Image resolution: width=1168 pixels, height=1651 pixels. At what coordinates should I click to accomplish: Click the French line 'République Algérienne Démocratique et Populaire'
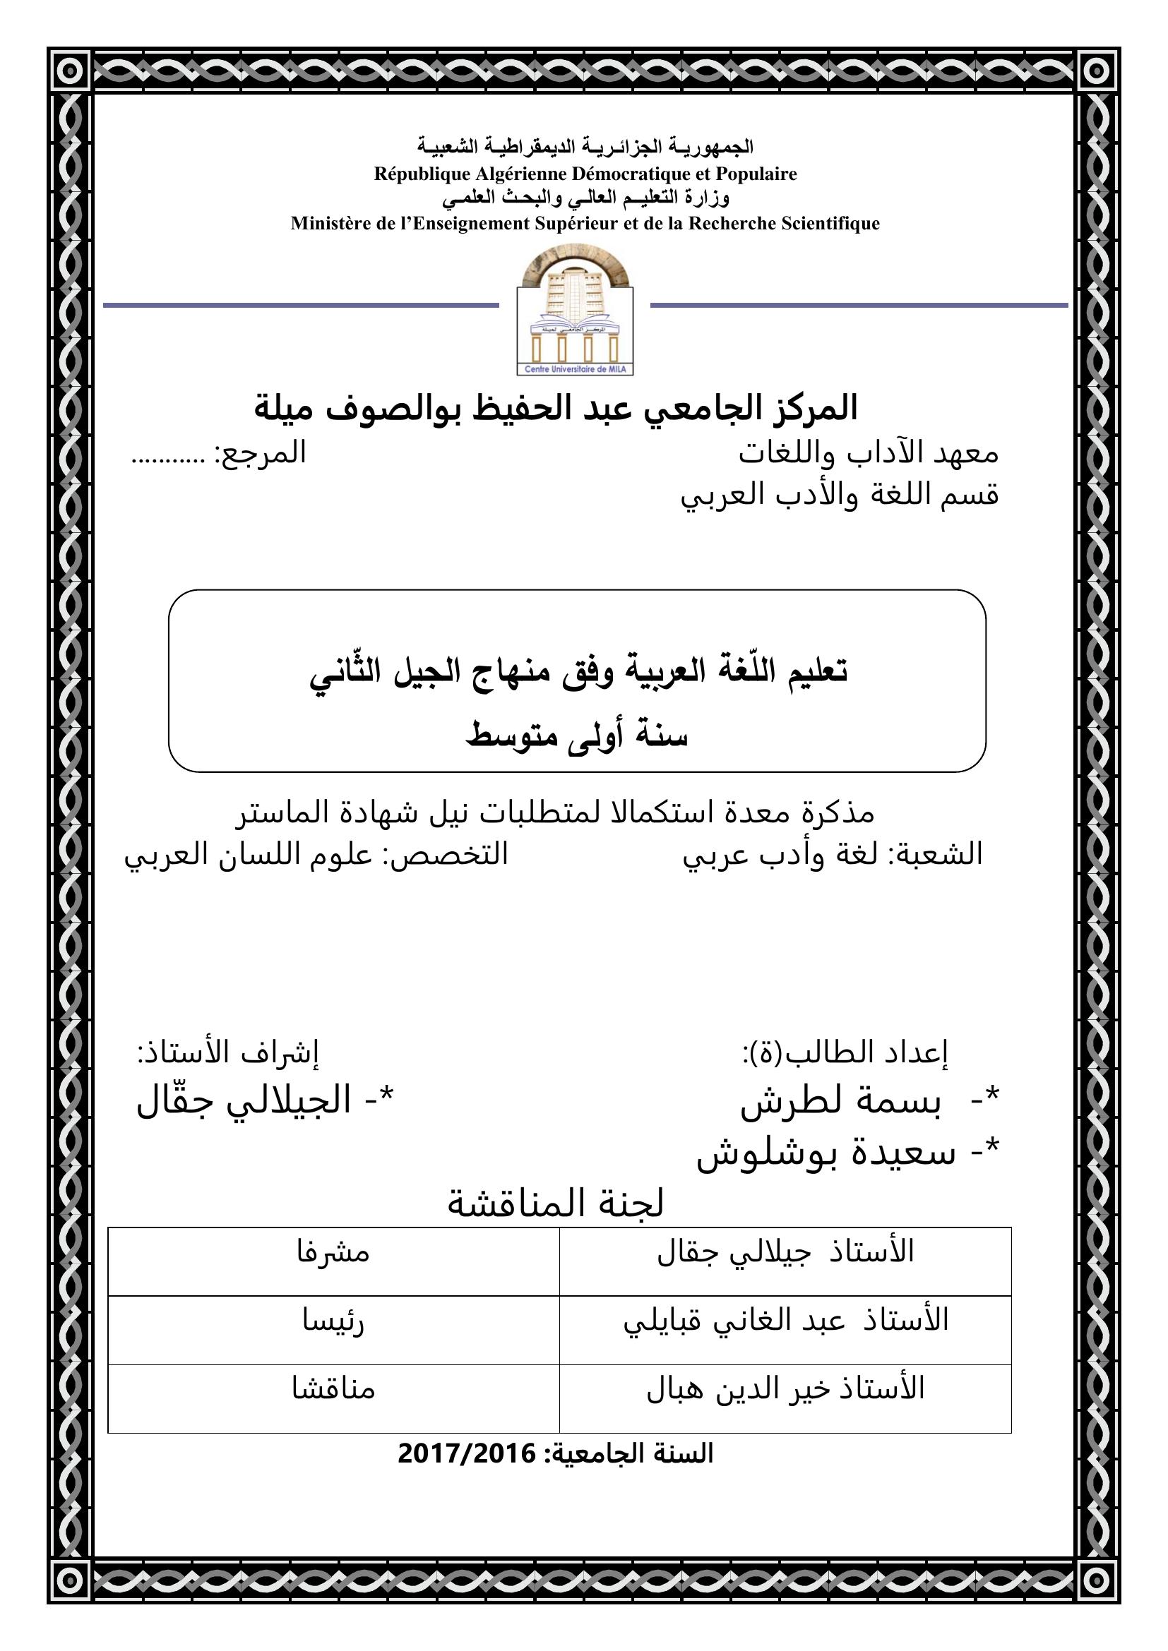coord(585,174)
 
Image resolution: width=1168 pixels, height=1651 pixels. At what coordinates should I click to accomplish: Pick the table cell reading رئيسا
coord(333,1321)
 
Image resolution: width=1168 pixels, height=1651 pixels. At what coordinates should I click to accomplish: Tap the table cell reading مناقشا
coord(333,1388)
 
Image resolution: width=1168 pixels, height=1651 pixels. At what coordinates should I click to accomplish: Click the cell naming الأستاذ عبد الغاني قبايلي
coord(785,1321)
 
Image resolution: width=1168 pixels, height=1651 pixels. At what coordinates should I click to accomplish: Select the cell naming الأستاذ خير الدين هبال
coord(785,1388)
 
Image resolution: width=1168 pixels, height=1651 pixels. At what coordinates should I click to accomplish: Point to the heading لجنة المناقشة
coord(555,1203)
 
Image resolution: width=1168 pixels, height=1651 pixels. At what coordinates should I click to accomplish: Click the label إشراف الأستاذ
coord(228,1052)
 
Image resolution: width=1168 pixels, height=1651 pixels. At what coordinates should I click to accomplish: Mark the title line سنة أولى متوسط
coord(577,736)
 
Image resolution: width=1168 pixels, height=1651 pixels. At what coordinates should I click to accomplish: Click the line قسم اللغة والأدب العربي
coord(840,496)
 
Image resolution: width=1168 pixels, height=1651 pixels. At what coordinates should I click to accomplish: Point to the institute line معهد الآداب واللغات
coord(868,454)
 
